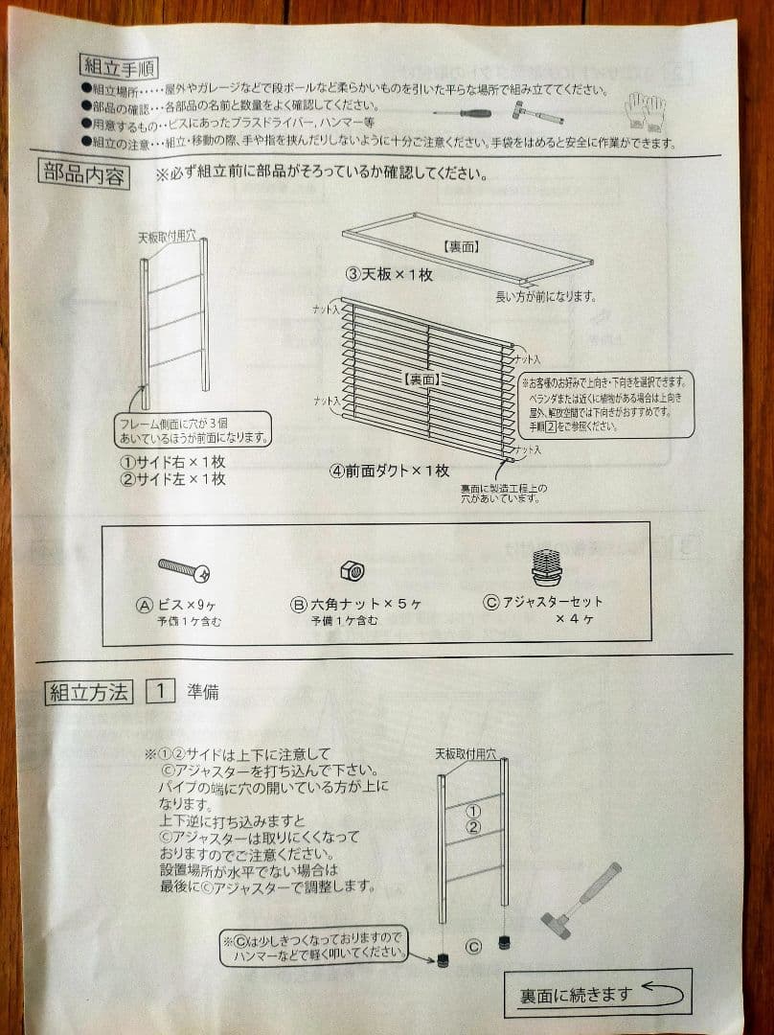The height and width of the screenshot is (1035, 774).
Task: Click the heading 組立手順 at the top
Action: coord(119,67)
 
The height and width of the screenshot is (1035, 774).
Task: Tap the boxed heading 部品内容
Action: coord(84,175)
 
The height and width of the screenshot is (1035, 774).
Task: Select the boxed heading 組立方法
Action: coord(88,693)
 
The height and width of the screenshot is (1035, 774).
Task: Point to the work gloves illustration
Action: coord(644,110)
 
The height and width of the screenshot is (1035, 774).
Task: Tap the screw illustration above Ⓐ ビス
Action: coord(183,571)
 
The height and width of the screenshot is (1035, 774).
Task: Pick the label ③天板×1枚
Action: coord(390,274)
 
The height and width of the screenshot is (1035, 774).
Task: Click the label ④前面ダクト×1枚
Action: coord(390,471)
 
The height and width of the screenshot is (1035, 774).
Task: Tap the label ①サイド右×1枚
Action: coord(172,461)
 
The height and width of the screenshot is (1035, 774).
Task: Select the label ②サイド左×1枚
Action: coord(172,478)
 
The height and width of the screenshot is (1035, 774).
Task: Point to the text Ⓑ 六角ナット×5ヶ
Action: coord(355,605)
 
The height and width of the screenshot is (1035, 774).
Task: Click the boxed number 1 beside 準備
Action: coord(160,692)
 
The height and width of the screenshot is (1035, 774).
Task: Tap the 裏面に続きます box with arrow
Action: coord(597,993)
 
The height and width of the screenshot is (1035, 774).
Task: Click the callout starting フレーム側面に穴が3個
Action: coord(193,429)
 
